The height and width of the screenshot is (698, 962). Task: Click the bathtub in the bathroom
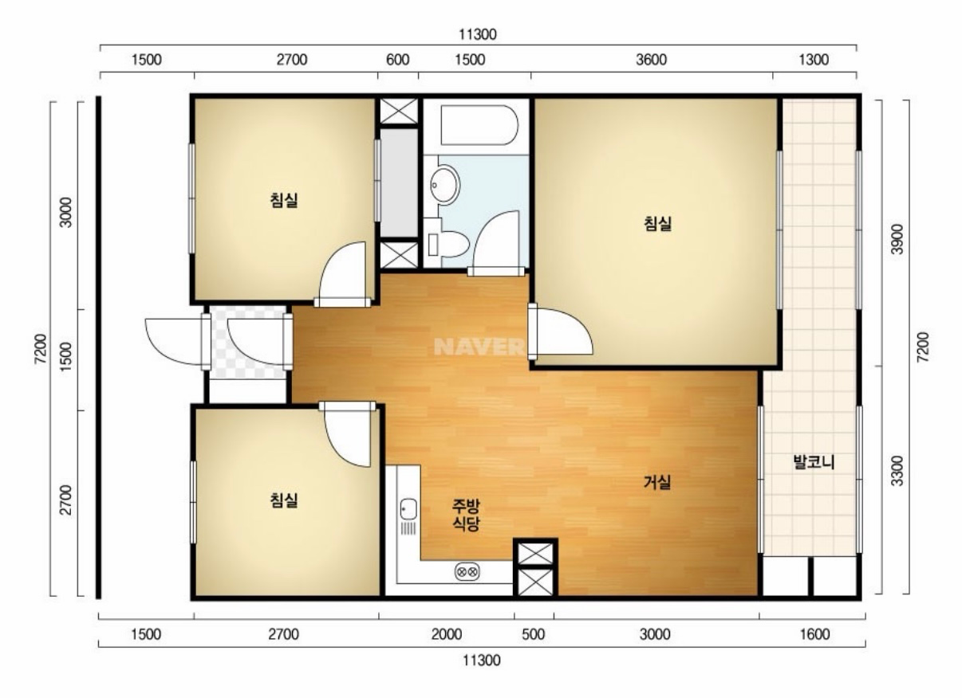pyautogui.click(x=479, y=125)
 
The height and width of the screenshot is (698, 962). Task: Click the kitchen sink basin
pyautogui.click(x=408, y=509)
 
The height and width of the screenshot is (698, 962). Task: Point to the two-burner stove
pyautogui.click(x=467, y=572)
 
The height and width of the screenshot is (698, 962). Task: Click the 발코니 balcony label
pyautogui.click(x=814, y=463)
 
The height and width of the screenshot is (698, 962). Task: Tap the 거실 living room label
pyautogui.click(x=657, y=482)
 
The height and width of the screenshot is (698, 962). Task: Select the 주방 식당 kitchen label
pyautogui.click(x=466, y=516)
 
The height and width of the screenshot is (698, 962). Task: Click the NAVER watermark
pyautogui.click(x=479, y=347)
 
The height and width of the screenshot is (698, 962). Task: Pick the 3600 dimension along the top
pyautogui.click(x=652, y=60)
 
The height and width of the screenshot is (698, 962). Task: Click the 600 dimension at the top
pyautogui.click(x=398, y=60)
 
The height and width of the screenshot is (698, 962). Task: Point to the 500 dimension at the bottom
pyautogui.click(x=534, y=634)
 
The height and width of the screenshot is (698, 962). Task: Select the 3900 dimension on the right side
pyautogui.click(x=897, y=239)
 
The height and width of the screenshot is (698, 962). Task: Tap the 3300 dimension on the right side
pyautogui.click(x=897, y=471)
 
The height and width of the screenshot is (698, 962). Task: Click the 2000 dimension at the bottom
pyautogui.click(x=447, y=634)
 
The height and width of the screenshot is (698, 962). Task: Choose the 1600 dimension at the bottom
pyautogui.click(x=814, y=634)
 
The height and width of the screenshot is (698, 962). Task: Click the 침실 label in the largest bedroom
pyautogui.click(x=657, y=224)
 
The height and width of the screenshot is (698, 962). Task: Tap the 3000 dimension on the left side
pyautogui.click(x=65, y=213)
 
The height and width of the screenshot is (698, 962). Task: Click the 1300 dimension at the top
pyautogui.click(x=814, y=60)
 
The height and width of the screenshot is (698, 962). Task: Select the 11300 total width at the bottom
pyautogui.click(x=482, y=661)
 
